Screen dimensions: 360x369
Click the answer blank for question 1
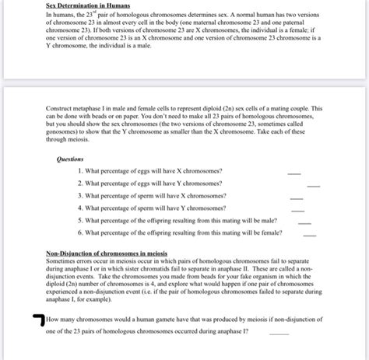click(x=293, y=173)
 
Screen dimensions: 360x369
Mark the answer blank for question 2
click(x=314, y=186)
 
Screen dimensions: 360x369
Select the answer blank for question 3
click(x=297, y=198)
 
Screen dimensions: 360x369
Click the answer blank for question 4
click(x=297, y=211)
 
